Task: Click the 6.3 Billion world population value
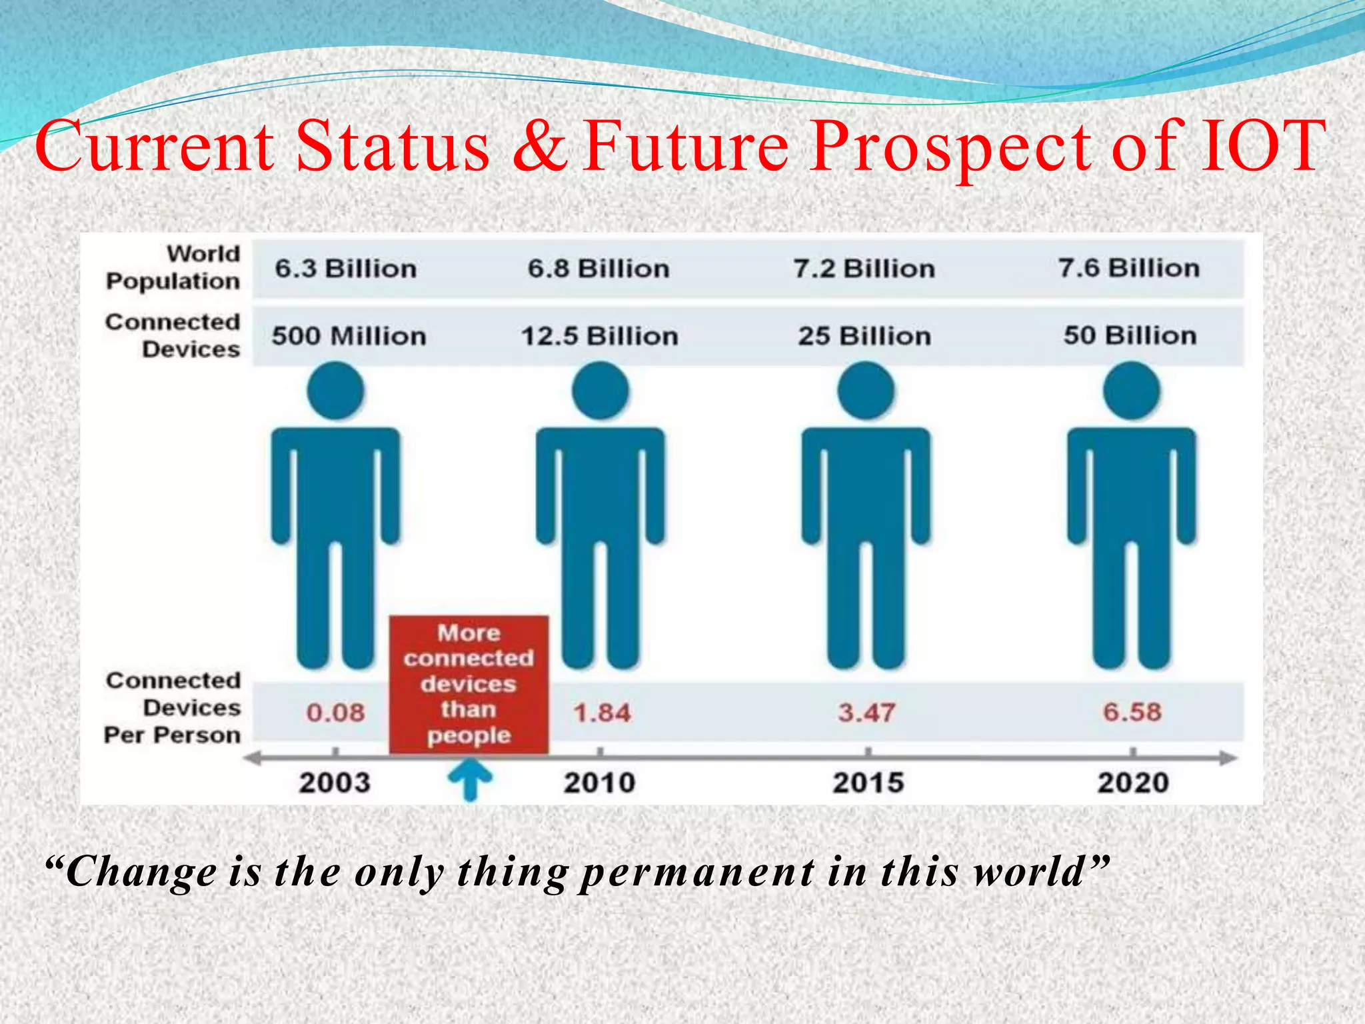tap(346, 269)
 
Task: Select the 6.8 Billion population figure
tap(599, 269)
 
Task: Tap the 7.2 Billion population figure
tap(864, 269)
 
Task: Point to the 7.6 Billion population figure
tap(1129, 268)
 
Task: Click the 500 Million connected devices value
tap(349, 336)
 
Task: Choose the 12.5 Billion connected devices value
tap(599, 336)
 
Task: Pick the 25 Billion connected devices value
tap(864, 336)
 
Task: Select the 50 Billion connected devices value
tap(1130, 335)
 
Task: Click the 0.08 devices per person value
tap(335, 713)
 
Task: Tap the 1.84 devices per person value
tap(602, 713)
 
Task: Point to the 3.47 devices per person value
tap(866, 713)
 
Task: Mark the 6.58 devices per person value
tap(1132, 712)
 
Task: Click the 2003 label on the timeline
tap(334, 783)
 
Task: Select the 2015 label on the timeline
tap(868, 783)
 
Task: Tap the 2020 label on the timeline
tap(1133, 783)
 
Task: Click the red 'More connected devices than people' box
tap(469, 684)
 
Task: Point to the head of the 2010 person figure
tap(601, 391)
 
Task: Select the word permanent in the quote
tap(697, 872)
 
